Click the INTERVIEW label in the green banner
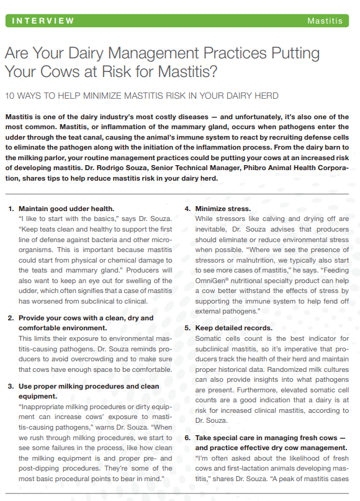pos(44,20)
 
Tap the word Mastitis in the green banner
pos(325,20)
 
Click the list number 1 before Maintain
pos(11,209)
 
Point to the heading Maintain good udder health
pos(66,209)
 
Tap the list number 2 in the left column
pos(11,318)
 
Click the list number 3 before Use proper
pos(11,386)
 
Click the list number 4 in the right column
pos(188,209)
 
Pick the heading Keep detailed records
pos(233,328)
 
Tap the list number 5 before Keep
pos(188,328)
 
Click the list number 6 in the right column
pos(188,437)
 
